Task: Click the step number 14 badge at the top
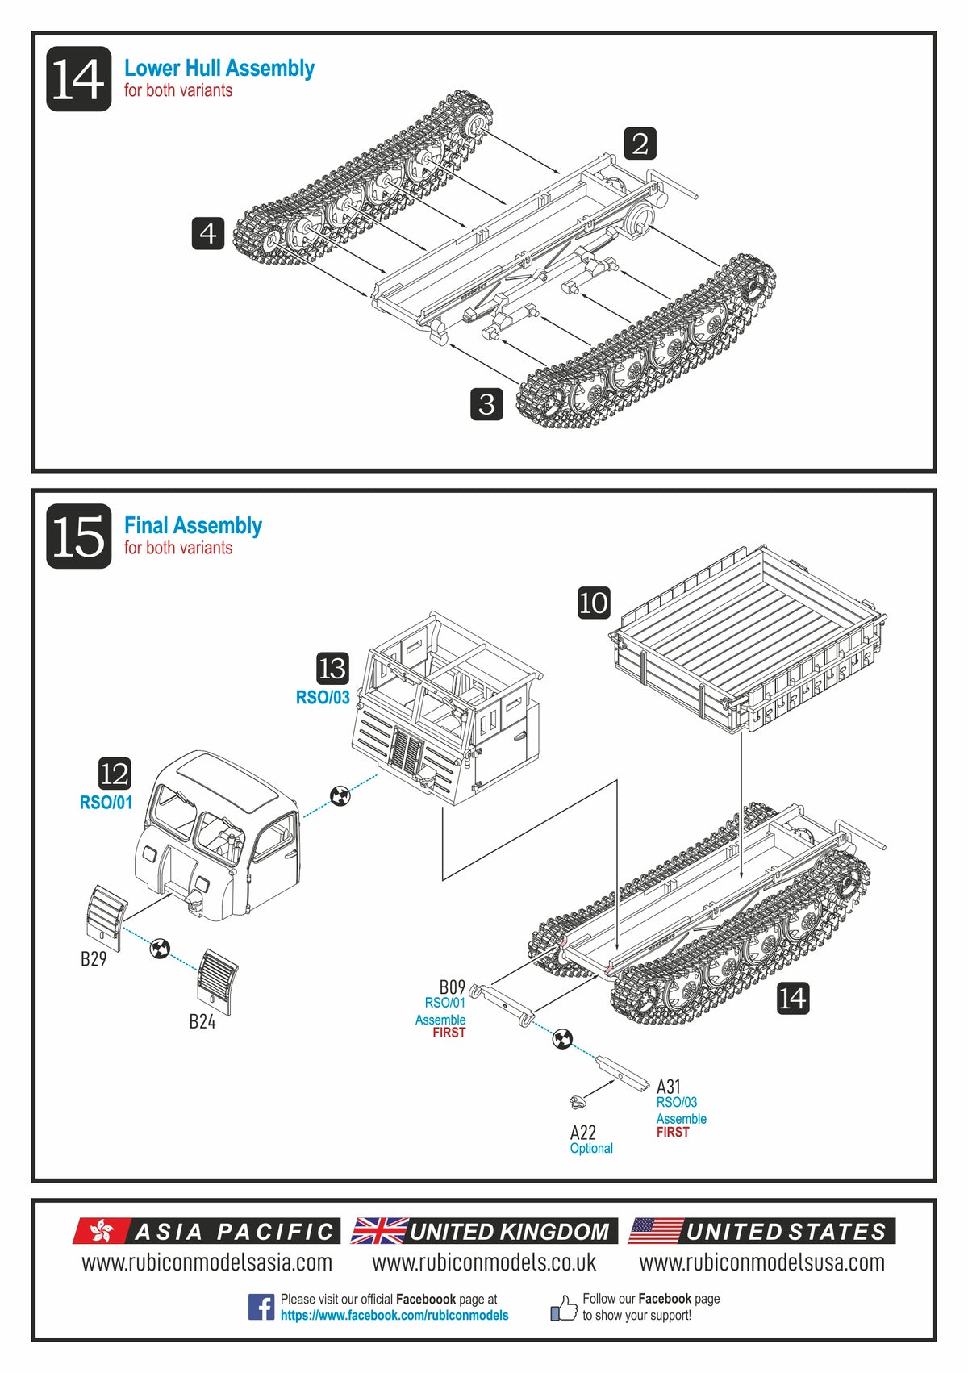click(78, 79)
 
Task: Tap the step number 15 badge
click(78, 536)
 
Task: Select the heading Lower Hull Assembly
click(219, 69)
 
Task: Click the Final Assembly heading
click(193, 526)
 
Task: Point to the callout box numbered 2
click(640, 144)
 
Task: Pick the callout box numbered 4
click(207, 233)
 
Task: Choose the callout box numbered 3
click(486, 403)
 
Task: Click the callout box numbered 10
click(594, 603)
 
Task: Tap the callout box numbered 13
click(332, 668)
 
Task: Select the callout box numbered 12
click(115, 774)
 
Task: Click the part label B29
click(94, 958)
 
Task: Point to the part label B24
click(202, 1021)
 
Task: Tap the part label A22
click(582, 1133)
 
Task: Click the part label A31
click(669, 1087)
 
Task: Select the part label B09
click(452, 987)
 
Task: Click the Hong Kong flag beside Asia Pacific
click(101, 1231)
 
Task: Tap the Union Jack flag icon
click(379, 1231)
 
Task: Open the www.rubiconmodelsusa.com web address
click(761, 1262)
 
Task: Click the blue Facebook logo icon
click(261, 1307)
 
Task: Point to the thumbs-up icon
click(563, 1308)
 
